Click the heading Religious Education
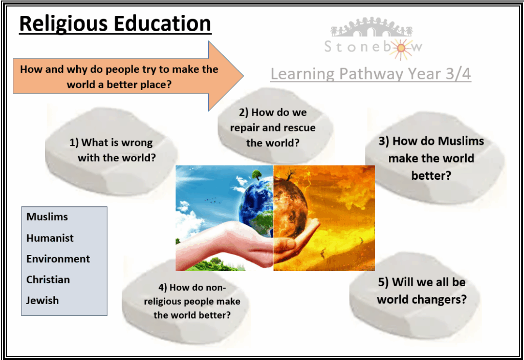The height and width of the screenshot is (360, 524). (x=115, y=24)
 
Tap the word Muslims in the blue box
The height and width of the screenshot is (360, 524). (x=47, y=217)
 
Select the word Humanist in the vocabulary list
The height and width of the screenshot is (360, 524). (x=50, y=238)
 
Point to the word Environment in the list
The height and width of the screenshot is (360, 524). (x=58, y=259)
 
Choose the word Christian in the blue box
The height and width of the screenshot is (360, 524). (x=48, y=280)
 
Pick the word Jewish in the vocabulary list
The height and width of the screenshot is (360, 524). (x=42, y=300)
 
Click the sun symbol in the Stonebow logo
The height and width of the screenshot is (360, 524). (x=401, y=49)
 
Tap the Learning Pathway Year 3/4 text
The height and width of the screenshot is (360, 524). (x=370, y=74)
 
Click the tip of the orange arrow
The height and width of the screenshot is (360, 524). (x=244, y=76)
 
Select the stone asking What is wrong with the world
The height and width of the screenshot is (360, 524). (x=111, y=151)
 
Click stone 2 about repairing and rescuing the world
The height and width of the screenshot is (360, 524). (x=274, y=125)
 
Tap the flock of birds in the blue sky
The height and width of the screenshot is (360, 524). (x=210, y=200)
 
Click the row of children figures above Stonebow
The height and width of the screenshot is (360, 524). (x=372, y=27)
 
